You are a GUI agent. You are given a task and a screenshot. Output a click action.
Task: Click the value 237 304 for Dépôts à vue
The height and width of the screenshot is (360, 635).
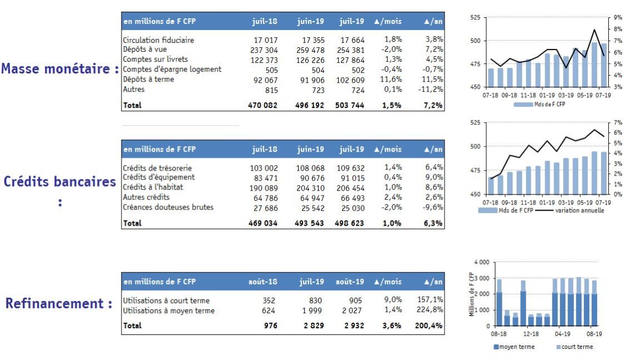pyautogui.click(x=264, y=50)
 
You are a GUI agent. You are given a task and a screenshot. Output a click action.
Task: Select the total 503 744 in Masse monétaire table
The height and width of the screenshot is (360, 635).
pyautogui.click(x=349, y=105)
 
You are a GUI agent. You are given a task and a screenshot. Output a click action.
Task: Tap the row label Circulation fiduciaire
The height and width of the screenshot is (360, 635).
pyautogui.click(x=158, y=40)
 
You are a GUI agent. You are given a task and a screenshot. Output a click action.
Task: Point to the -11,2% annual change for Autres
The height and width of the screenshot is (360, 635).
pyautogui.click(x=431, y=90)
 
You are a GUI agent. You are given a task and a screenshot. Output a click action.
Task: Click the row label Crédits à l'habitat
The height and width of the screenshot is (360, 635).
pyautogui.click(x=153, y=187)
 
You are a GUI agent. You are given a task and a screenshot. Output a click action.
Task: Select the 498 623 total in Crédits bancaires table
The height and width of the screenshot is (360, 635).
pyautogui.click(x=349, y=223)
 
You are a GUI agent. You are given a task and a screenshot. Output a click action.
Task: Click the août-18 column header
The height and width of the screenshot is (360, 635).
pyautogui.click(x=263, y=281)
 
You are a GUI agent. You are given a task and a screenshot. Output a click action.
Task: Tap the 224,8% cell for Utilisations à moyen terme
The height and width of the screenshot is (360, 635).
pyautogui.click(x=429, y=310)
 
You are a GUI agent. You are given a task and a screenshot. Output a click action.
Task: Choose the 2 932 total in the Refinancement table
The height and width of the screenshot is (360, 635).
pyautogui.click(x=354, y=325)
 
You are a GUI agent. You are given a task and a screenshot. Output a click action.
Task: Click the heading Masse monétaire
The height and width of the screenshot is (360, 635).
pyautogui.click(x=56, y=69)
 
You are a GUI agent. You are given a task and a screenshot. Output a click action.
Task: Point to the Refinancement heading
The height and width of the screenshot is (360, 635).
pyautogui.click(x=55, y=303)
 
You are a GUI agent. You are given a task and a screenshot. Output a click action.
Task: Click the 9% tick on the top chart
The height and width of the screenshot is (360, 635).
pyautogui.click(x=618, y=17)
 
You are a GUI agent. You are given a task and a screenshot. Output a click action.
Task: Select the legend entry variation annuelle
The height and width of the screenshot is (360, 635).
pyautogui.click(x=579, y=211)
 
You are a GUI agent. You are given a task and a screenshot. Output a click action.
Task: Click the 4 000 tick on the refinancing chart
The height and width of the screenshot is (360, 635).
pyautogui.click(x=481, y=262)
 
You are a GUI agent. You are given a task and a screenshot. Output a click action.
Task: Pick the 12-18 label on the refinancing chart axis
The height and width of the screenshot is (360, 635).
pyautogui.click(x=531, y=334)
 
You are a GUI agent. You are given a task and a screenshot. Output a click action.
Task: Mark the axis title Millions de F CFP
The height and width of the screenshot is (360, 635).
pyautogui.click(x=471, y=294)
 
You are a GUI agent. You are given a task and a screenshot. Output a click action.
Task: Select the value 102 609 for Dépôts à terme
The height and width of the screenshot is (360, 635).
pyautogui.click(x=350, y=80)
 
